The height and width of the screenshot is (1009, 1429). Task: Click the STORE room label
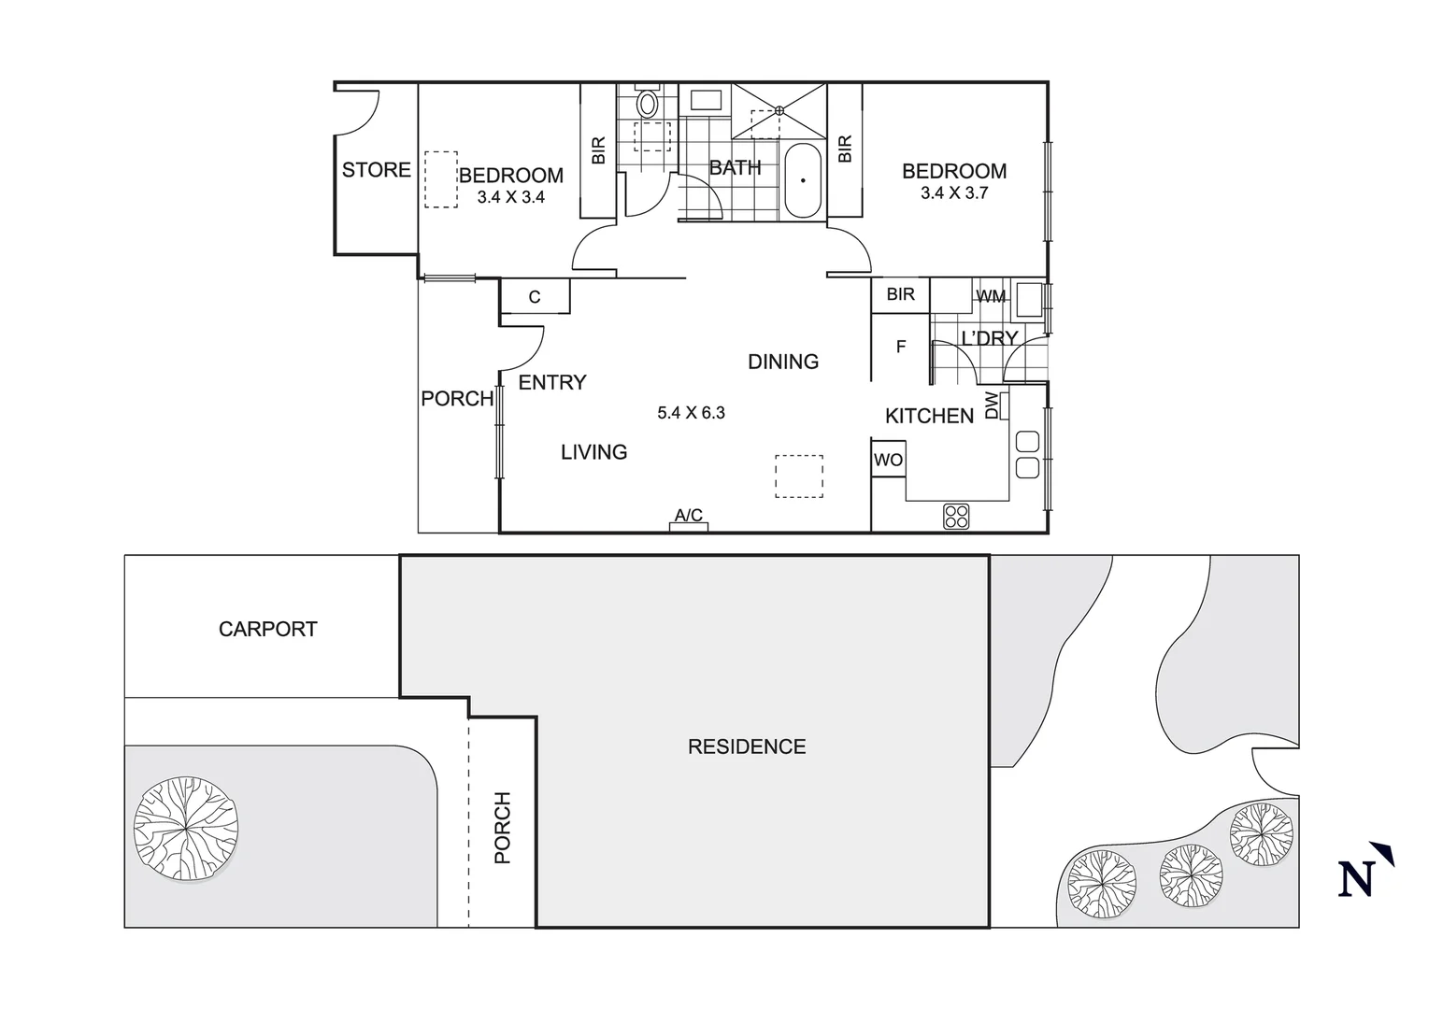tap(376, 170)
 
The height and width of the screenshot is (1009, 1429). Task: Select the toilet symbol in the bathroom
tap(647, 102)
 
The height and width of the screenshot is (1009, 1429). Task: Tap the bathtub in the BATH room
tap(802, 180)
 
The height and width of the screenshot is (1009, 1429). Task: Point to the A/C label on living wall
tap(689, 516)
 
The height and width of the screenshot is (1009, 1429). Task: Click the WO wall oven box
tap(888, 461)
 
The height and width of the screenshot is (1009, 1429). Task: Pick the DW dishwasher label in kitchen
tap(992, 405)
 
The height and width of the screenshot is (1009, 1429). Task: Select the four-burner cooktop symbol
tap(956, 516)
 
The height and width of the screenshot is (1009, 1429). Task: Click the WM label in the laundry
tap(991, 297)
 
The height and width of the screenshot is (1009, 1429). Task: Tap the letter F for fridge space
tap(901, 347)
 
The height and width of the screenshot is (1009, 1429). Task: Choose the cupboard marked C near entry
tap(535, 297)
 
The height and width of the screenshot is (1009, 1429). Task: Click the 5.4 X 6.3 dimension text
tap(691, 413)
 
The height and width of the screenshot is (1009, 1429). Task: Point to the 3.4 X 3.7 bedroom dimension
tap(954, 193)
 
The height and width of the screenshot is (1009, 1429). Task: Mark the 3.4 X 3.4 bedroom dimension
tap(510, 197)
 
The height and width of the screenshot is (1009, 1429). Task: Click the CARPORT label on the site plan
tap(267, 630)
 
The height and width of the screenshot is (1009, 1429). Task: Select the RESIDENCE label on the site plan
tap(747, 746)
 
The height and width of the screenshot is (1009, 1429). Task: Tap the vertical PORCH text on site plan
tap(502, 827)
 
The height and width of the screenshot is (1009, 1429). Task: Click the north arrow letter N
tap(1356, 878)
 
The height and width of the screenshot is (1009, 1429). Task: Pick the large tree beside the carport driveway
tap(185, 828)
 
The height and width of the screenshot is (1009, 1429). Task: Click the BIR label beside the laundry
tap(900, 294)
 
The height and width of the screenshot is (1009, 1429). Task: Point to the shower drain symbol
tap(779, 110)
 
